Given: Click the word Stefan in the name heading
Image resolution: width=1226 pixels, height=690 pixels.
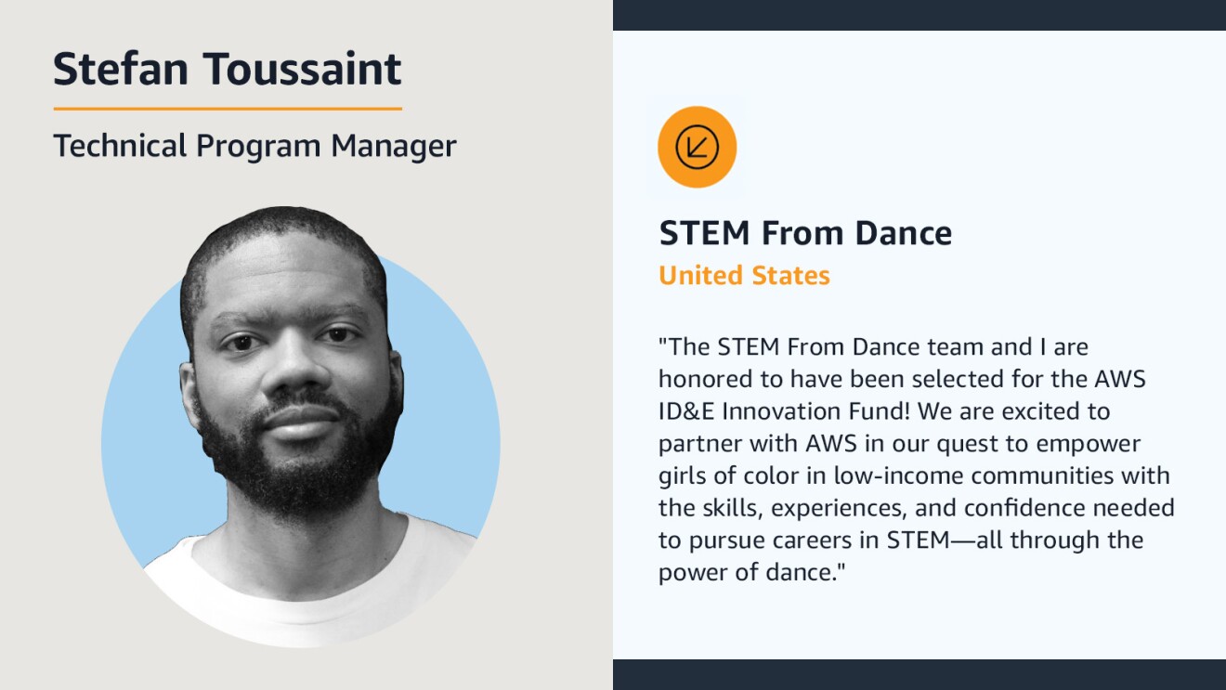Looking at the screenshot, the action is pyautogui.click(x=121, y=69).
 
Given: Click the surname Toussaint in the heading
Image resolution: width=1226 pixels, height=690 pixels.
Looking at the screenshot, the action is pyautogui.click(x=303, y=69).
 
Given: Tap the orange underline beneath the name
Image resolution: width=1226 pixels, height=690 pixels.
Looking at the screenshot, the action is pyautogui.click(x=228, y=109).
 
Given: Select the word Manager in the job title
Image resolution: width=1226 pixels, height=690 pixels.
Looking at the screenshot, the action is pyautogui.click(x=394, y=146).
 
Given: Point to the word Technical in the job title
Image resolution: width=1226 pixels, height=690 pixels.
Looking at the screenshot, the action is pyautogui.click(x=120, y=146).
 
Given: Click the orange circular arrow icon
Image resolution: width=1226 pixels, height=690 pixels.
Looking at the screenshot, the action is pyautogui.click(x=697, y=147).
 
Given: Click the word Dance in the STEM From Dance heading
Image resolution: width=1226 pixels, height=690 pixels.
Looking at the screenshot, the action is pyautogui.click(x=903, y=233).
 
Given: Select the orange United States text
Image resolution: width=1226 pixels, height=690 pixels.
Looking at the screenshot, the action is pyautogui.click(x=744, y=275).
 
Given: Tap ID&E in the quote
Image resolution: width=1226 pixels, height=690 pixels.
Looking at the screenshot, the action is pyautogui.click(x=686, y=411).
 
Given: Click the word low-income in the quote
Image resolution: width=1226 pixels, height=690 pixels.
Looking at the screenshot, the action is pyautogui.click(x=898, y=475).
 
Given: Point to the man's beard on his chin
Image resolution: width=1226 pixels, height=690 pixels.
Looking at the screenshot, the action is pyautogui.click(x=298, y=482).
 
